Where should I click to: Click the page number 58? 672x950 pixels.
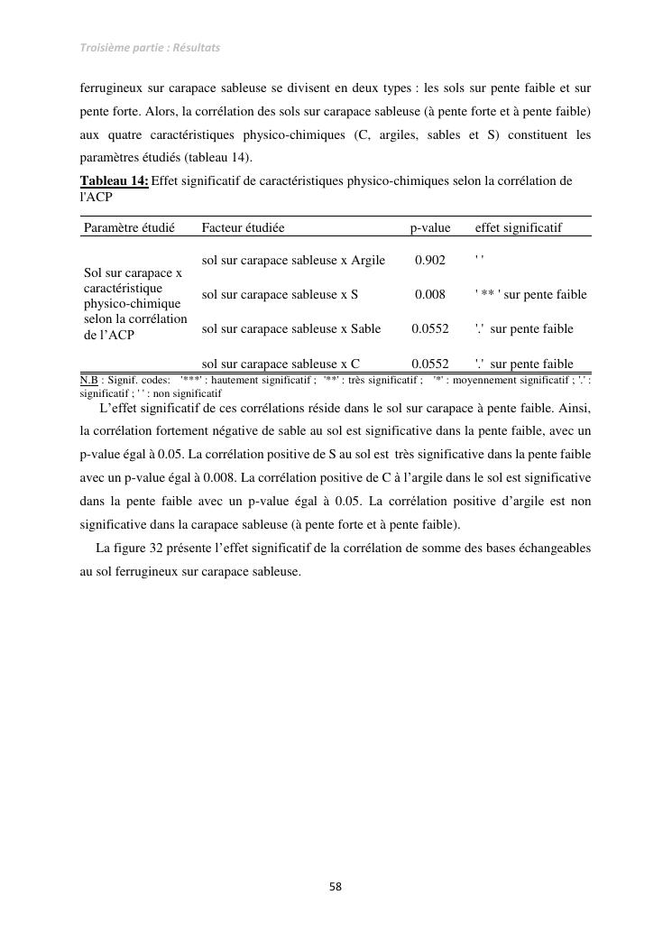pos(335,887)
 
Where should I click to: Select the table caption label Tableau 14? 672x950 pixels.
pos(115,180)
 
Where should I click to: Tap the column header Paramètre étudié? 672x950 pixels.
pos(128,228)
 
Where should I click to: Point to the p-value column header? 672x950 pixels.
pos(430,228)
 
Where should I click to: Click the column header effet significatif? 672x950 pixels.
pos(518,228)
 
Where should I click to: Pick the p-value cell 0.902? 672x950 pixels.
pos(430,261)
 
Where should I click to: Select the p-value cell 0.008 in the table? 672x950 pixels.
pos(430,294)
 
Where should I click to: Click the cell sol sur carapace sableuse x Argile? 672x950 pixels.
pos(293,261)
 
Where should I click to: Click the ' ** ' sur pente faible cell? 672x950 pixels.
pos(530,294)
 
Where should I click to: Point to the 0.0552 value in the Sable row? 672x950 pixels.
pos(430,328)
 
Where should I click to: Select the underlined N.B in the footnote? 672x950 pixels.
pos(88,380)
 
